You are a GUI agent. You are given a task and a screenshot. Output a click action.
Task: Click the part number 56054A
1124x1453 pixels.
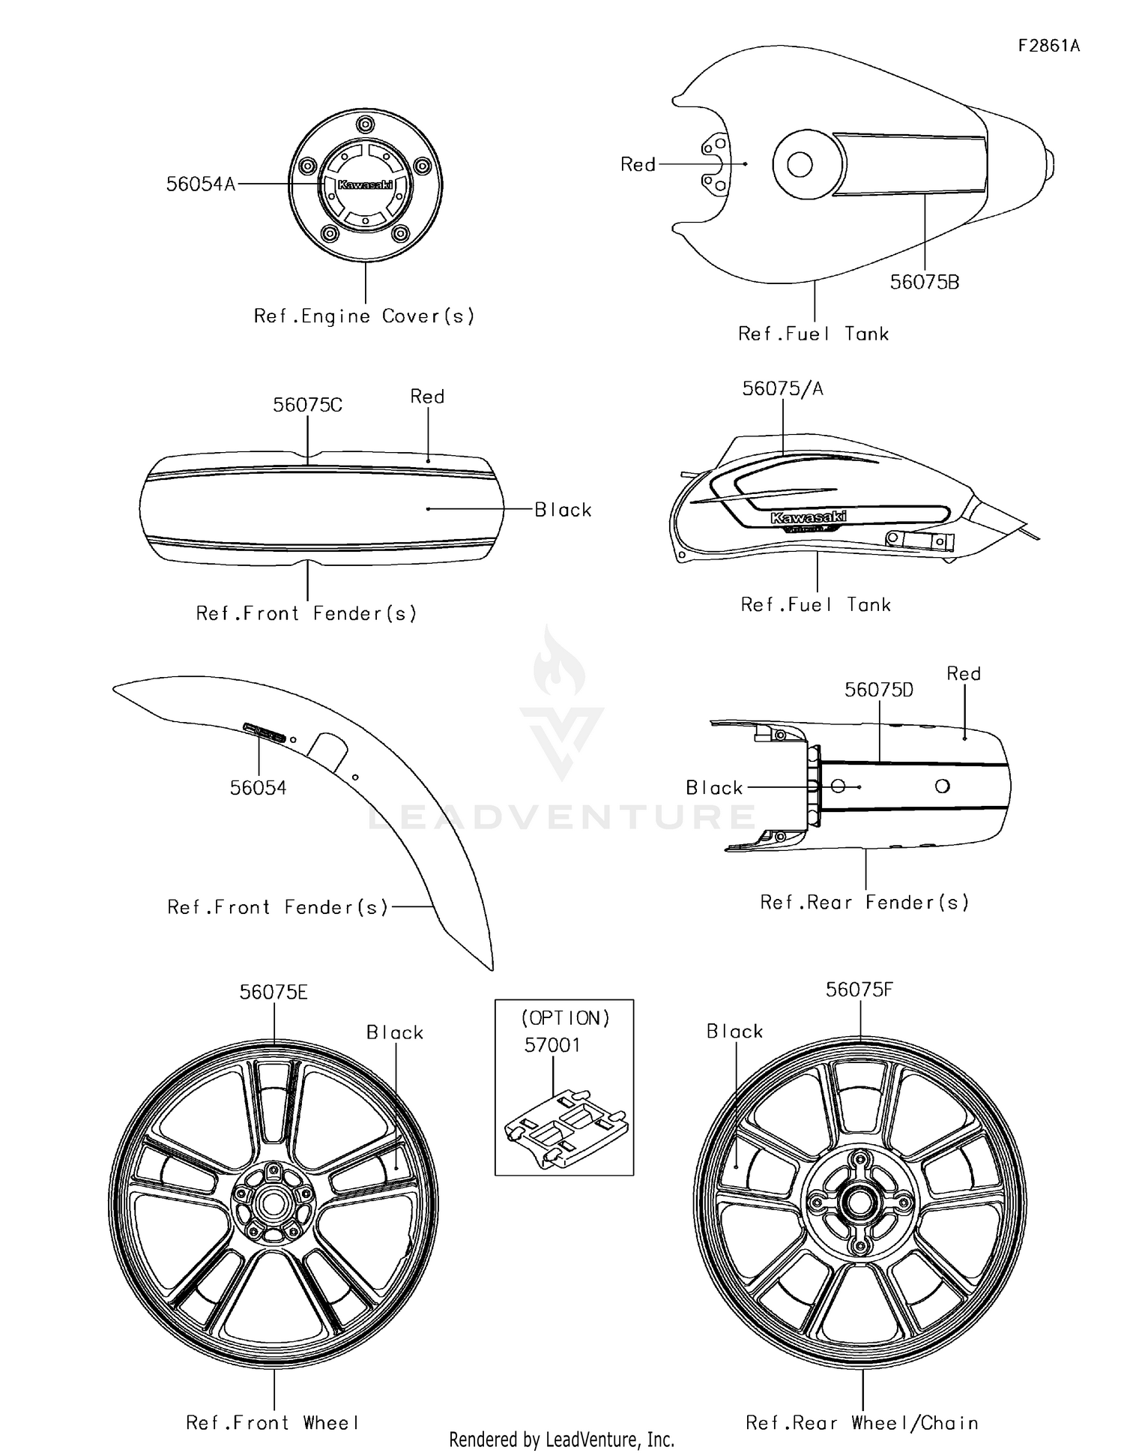click(x=201, y=184)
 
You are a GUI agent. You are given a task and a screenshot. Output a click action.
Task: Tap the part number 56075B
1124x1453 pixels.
click(x=925, y=282)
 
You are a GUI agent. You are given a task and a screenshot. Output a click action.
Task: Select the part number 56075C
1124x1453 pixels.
click(x=307, y=405)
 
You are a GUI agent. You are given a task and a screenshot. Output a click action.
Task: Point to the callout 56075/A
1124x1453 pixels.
click(x=782, y=388)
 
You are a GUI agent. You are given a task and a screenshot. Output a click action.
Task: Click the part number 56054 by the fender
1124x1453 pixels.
click(x=259, y=787)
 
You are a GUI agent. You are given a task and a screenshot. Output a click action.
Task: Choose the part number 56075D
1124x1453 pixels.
click(x=879, y=690)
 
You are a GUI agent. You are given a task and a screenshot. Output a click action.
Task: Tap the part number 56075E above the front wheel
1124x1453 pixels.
click(x=274, y=992)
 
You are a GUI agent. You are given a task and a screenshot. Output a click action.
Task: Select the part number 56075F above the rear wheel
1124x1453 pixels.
click(x=859, y=990)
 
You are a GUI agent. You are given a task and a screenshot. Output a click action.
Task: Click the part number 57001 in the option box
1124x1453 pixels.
click(x=552, y=1044)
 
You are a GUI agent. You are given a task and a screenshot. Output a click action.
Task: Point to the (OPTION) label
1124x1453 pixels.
click(x=566, y=1017)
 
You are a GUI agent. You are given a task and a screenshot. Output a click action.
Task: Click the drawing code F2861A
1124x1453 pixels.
click(x=1049, y=46)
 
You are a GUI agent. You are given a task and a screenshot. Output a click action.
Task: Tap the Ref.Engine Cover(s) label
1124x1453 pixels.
click(x=364, y=316)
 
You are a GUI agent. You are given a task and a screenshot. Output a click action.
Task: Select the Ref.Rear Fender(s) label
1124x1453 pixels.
click(x=865, y=902)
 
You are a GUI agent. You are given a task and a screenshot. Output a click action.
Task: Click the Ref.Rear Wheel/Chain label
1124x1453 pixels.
click(x=862, y=1422)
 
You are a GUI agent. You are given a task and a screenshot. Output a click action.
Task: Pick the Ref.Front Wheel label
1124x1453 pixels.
click(x=273, y=1422)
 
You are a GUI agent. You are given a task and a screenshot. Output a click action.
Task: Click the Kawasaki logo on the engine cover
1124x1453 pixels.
click(x=365, y=184)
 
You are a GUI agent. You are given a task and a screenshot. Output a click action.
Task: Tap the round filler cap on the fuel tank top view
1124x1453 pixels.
click(x=800, y=163)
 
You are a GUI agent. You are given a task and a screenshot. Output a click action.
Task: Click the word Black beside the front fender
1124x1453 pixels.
click(x=563, y=510)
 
